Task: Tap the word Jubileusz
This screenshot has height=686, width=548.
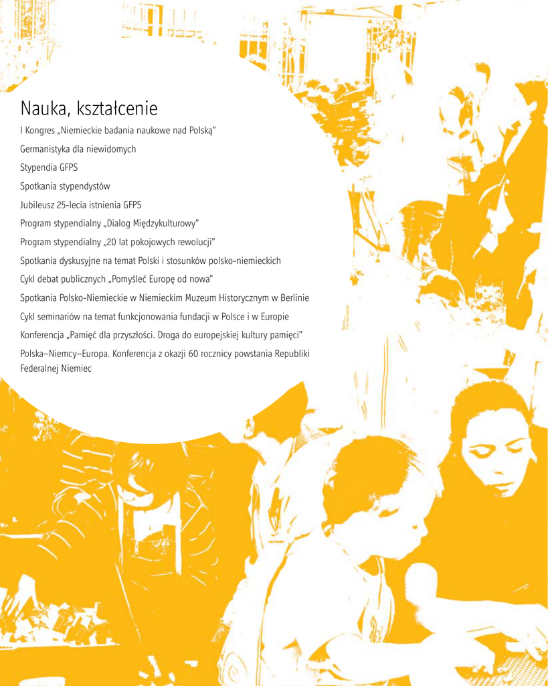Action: pyautogui.click(x=37, y=205)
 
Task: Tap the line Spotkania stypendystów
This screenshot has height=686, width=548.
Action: pyautogui.click(x=65, y=186)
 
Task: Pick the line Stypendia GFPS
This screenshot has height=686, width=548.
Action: pyautogui.click(x=49, y=167)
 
